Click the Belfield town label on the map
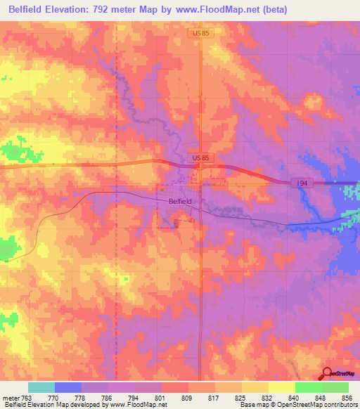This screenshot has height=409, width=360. (x=180, y=201)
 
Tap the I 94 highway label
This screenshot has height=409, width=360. (x=302, y=183)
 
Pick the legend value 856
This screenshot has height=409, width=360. (x=346, y=397)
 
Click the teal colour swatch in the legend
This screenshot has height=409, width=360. (x=41, y=387)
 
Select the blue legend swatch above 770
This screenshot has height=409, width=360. (x=68, y=387)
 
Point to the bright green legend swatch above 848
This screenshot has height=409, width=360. (x=309, y=387)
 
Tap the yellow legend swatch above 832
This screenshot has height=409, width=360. (x=255, y=387)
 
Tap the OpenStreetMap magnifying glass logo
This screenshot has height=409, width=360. (x=326, y=374)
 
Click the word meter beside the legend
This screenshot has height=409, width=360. (x=9, y=397)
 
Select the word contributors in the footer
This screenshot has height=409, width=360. (x=339, y=405)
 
